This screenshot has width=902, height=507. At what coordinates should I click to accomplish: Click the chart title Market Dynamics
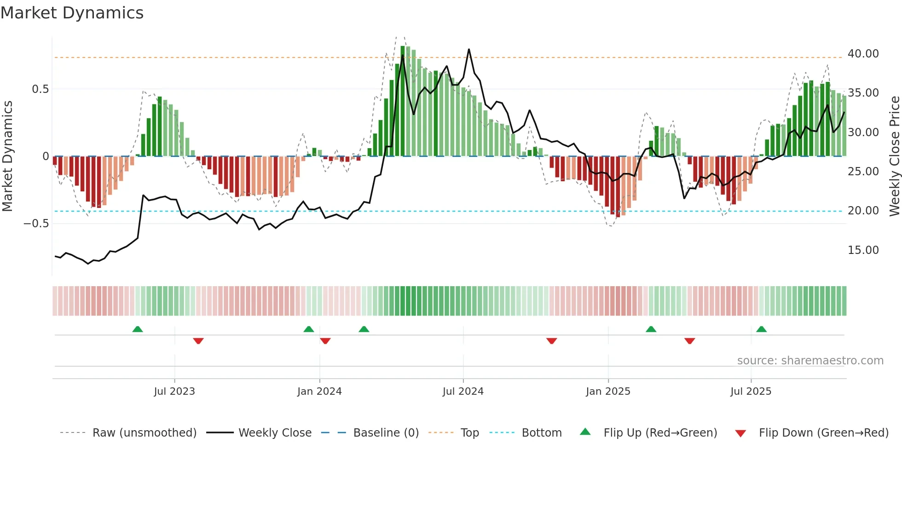point(72,13)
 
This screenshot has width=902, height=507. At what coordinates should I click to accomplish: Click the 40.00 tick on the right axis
point(863,54)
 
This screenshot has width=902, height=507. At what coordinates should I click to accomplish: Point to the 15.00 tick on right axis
point(863,250)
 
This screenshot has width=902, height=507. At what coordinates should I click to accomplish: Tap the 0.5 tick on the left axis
point(40,89)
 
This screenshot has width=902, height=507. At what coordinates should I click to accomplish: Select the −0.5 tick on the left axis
point(36,224)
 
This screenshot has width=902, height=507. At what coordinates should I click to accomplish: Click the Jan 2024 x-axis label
point(319,392)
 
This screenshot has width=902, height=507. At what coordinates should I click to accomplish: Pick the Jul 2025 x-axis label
point(751,392)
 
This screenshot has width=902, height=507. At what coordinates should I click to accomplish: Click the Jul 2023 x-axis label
point(174,392)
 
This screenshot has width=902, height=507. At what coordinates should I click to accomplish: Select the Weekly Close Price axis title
point(894,156)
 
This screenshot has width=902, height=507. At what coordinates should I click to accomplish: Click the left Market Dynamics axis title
point(7,156)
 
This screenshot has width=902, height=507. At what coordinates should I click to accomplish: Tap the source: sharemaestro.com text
point(810,361)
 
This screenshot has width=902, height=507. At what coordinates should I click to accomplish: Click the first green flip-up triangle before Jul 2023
point(137,329)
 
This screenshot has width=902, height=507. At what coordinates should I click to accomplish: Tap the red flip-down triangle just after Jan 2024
point(325,341)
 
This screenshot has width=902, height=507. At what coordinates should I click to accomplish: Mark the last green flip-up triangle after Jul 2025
point(761,329)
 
